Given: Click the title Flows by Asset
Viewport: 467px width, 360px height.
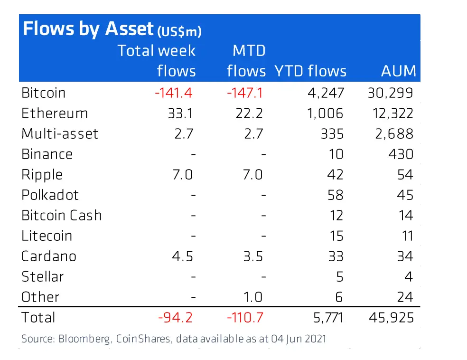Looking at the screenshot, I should [x=88, y=29].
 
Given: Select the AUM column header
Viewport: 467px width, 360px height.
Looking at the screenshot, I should [x=398, y=71].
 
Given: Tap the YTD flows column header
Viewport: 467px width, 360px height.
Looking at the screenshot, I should [x=310, y=71].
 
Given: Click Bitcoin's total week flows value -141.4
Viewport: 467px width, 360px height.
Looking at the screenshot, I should [x=174, y=93].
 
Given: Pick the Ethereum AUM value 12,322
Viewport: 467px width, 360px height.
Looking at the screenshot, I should [x=390, y=114].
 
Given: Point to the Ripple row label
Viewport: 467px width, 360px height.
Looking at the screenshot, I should [x=42, y=175].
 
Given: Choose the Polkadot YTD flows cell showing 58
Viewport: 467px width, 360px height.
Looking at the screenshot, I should [x=335, y=195].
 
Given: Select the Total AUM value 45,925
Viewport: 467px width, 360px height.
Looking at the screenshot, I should [x=391, y=318].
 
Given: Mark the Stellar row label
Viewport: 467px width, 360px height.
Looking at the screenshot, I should [x=42, y=277].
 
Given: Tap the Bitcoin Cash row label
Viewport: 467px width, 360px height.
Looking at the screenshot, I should [x=62, y=216].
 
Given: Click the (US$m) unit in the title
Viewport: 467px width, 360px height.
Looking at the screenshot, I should [x=179, y=32].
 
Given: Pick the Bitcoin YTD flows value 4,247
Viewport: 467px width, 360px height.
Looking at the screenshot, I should [x=326, y=93].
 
